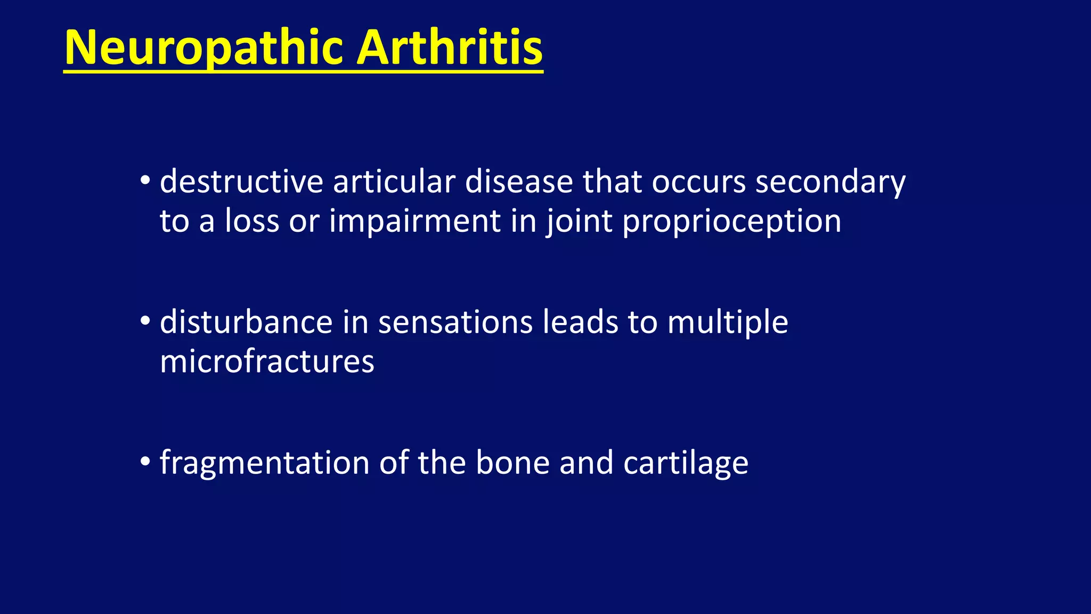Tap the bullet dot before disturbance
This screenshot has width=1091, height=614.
(x=145, y=321)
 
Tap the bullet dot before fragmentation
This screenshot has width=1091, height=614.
(x=145, y=462)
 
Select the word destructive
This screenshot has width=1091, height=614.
(x=241, y=182)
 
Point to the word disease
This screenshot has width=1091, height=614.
(x=518, y=182)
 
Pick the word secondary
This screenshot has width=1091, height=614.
(x=830, y=182)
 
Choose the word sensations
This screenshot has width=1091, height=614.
(x=455, y=322)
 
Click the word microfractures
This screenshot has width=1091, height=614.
(x=267, y=362)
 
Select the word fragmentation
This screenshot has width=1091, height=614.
(x=264, y=463)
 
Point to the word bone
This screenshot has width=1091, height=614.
(x=512, y=462)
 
